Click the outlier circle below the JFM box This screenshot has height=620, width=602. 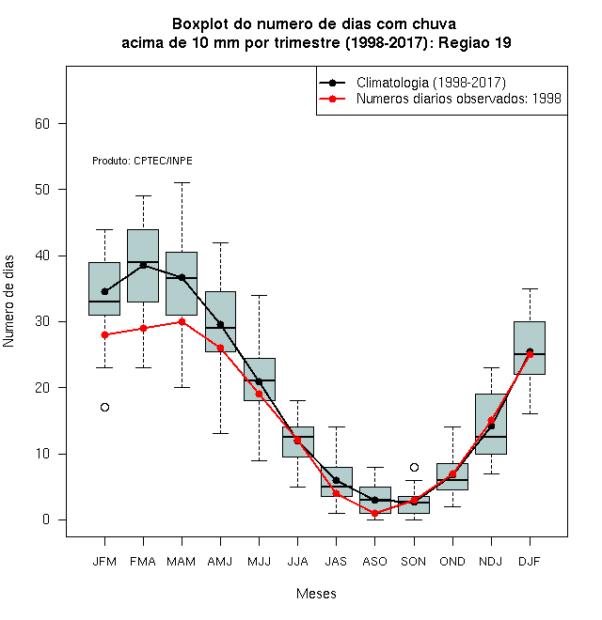[x=104, y=408]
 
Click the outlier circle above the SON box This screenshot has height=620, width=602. [x=414, y=468]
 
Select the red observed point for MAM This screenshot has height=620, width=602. [x=182, y=322]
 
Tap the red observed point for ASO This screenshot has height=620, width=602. [x=374, y=513]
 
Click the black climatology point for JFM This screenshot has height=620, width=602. [x=104, y=292]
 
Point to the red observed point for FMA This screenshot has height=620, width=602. [x=143, y=328]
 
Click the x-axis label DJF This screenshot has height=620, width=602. [x=530, y=562]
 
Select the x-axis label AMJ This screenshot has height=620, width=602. [x=220, y=562]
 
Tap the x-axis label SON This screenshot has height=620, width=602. [x=414, y=562]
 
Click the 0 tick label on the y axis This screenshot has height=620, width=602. [x=46, y=519]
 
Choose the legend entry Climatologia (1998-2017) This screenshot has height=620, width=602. [x=431, y=83]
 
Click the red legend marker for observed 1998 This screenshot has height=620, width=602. [x=332, y=99]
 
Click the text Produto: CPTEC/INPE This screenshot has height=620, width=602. [x=142, y=161]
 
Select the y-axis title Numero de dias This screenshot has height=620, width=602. [x=8, y=302]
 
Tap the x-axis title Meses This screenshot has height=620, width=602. [x=316, y=594]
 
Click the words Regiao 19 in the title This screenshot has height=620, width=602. [x=474, y=42]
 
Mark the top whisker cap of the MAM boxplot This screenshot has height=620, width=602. [x=182, y=183]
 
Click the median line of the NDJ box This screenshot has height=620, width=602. [x=491, y=437]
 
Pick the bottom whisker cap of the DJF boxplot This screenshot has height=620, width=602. [x=530, y=414]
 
